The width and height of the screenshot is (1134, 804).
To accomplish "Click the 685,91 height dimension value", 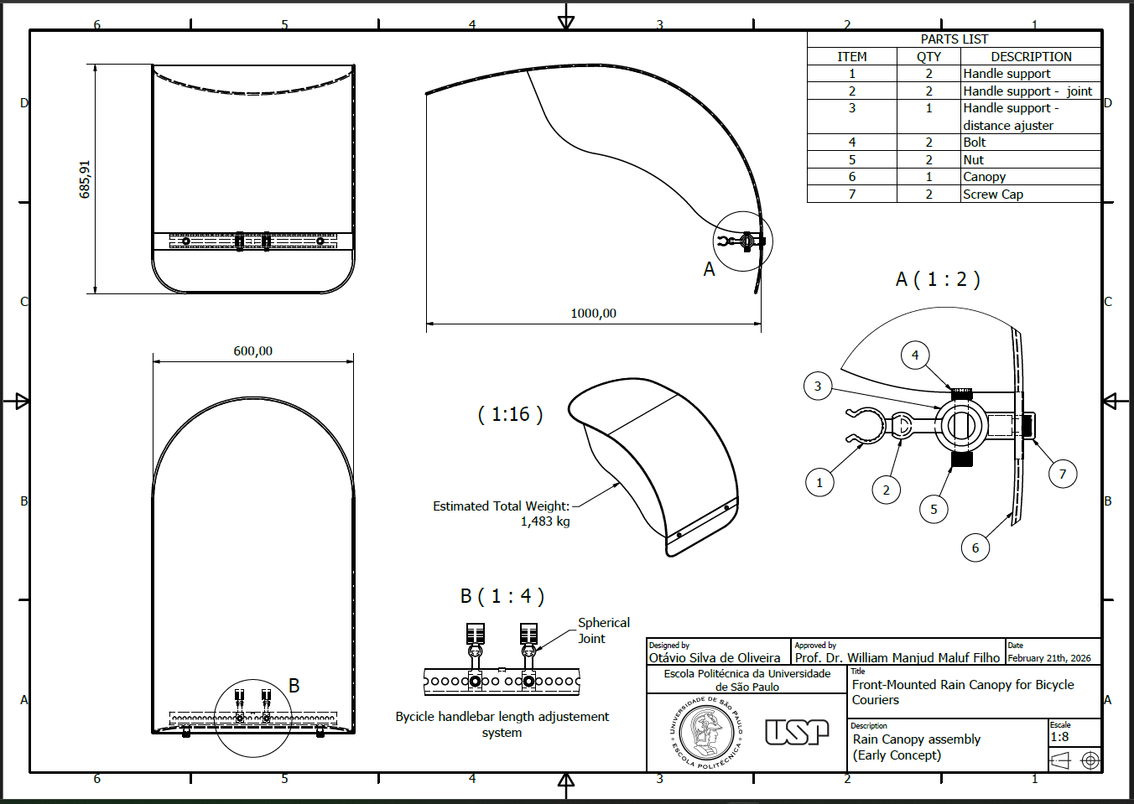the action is pyautogui.click(x=85, y=179).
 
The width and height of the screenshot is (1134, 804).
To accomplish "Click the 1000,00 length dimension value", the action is pyautogui.click(x=593, y=314).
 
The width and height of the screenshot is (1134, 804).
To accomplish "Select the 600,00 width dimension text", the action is pyautogui.click(x=252, y=350).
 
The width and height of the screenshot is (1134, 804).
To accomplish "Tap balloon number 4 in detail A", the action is pyautogui.click(x=915, y=355).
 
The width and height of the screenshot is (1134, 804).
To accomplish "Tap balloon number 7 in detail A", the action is pyautogui.click(x=1063, y=475).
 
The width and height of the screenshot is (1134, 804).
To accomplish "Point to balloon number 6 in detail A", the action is pyautogui.click(x=975, y=547).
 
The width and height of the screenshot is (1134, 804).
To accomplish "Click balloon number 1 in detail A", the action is pyautogui.click(x=819, y=483).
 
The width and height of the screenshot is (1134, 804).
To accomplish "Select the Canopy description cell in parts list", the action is pyautogui.click(x=1030, y=177).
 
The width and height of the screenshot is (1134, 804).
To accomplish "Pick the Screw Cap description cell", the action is pyautogui.click(x=1030, y=194).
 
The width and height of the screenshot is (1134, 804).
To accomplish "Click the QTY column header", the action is pyautogui.click(x=929, y=57).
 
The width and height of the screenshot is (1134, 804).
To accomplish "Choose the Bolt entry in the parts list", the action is pyautogui.click(x=974, y=143).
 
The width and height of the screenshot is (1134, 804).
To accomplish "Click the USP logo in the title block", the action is pyautogui.click(x=797, y=732).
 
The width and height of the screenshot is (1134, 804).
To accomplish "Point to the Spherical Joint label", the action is pyautogui.click(x=603, y=630).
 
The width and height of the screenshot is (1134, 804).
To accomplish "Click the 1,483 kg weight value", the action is pyautogui.click(x=545, y=521).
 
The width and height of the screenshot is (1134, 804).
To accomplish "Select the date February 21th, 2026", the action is pyautogui.click(x=1049, y=658).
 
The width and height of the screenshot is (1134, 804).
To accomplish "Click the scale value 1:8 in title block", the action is pyautogui.click(x=1059, y=737).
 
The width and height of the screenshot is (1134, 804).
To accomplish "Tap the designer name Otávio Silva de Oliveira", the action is pyautogui.click(x=715, y=658).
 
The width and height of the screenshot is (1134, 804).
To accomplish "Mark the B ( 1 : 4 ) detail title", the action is pyautogui.click(x=502, y=596).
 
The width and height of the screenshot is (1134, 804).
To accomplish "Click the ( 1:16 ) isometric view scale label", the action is pyautogui.click(x=510, y=414).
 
